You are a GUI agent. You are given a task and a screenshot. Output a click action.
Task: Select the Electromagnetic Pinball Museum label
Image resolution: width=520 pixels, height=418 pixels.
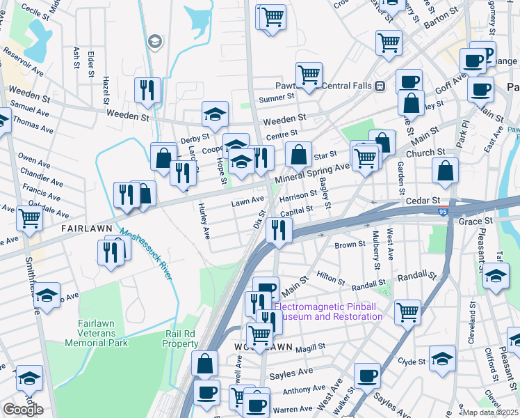[x=329, y=311]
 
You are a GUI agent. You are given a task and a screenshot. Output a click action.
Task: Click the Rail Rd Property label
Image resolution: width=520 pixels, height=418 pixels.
[x=181, y=339]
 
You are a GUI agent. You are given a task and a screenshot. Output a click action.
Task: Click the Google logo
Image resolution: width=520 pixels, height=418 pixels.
[x=23, y=410]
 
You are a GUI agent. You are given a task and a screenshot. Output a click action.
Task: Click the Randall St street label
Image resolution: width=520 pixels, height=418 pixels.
[x=368, y=284]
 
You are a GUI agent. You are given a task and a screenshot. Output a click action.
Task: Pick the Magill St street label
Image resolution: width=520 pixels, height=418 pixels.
[x=310, y=348]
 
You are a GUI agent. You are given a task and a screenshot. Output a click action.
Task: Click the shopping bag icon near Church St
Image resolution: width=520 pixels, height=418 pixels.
[x=444, y=170]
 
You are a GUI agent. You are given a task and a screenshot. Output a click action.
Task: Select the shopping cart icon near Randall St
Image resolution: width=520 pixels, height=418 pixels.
[x=408, y=311]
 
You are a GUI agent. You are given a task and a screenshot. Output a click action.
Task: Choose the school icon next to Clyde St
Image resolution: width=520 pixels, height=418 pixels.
[x=442, y=359]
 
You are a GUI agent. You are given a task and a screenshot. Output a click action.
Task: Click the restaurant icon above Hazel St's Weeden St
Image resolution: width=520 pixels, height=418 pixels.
[x=147, y=90]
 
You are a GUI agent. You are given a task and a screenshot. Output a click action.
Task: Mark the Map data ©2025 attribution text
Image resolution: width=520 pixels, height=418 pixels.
[x=491, y=412]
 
